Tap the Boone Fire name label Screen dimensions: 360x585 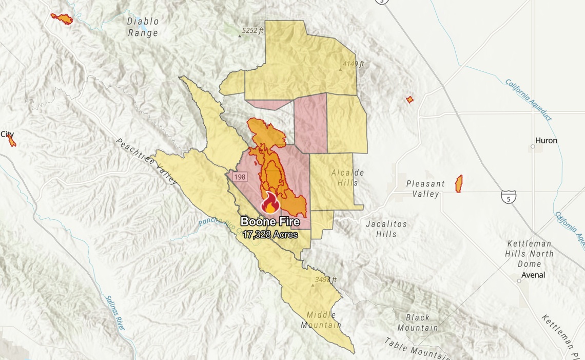pos(270,223)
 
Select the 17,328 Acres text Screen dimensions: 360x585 pos(270,235)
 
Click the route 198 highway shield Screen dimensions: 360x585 pos(240,177)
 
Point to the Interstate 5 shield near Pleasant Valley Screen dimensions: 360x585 pos(509,196)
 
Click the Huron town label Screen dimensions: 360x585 pos(546,141)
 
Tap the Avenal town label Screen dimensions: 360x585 pos(534,275)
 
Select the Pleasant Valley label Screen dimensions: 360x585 pos(425,188)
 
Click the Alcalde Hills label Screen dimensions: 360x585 pos(347,177)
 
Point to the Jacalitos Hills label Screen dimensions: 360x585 pos(386,229)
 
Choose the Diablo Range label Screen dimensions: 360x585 pos(143,27)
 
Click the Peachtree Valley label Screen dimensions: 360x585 pos(146,162)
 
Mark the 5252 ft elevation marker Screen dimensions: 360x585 pos(252,31)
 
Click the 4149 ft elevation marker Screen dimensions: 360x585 pos(353,64)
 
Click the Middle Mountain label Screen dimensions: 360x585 pos(321,320)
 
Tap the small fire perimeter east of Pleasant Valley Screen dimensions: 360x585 pos(459,184)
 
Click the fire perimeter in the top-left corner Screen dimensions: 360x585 pos(62,19)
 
